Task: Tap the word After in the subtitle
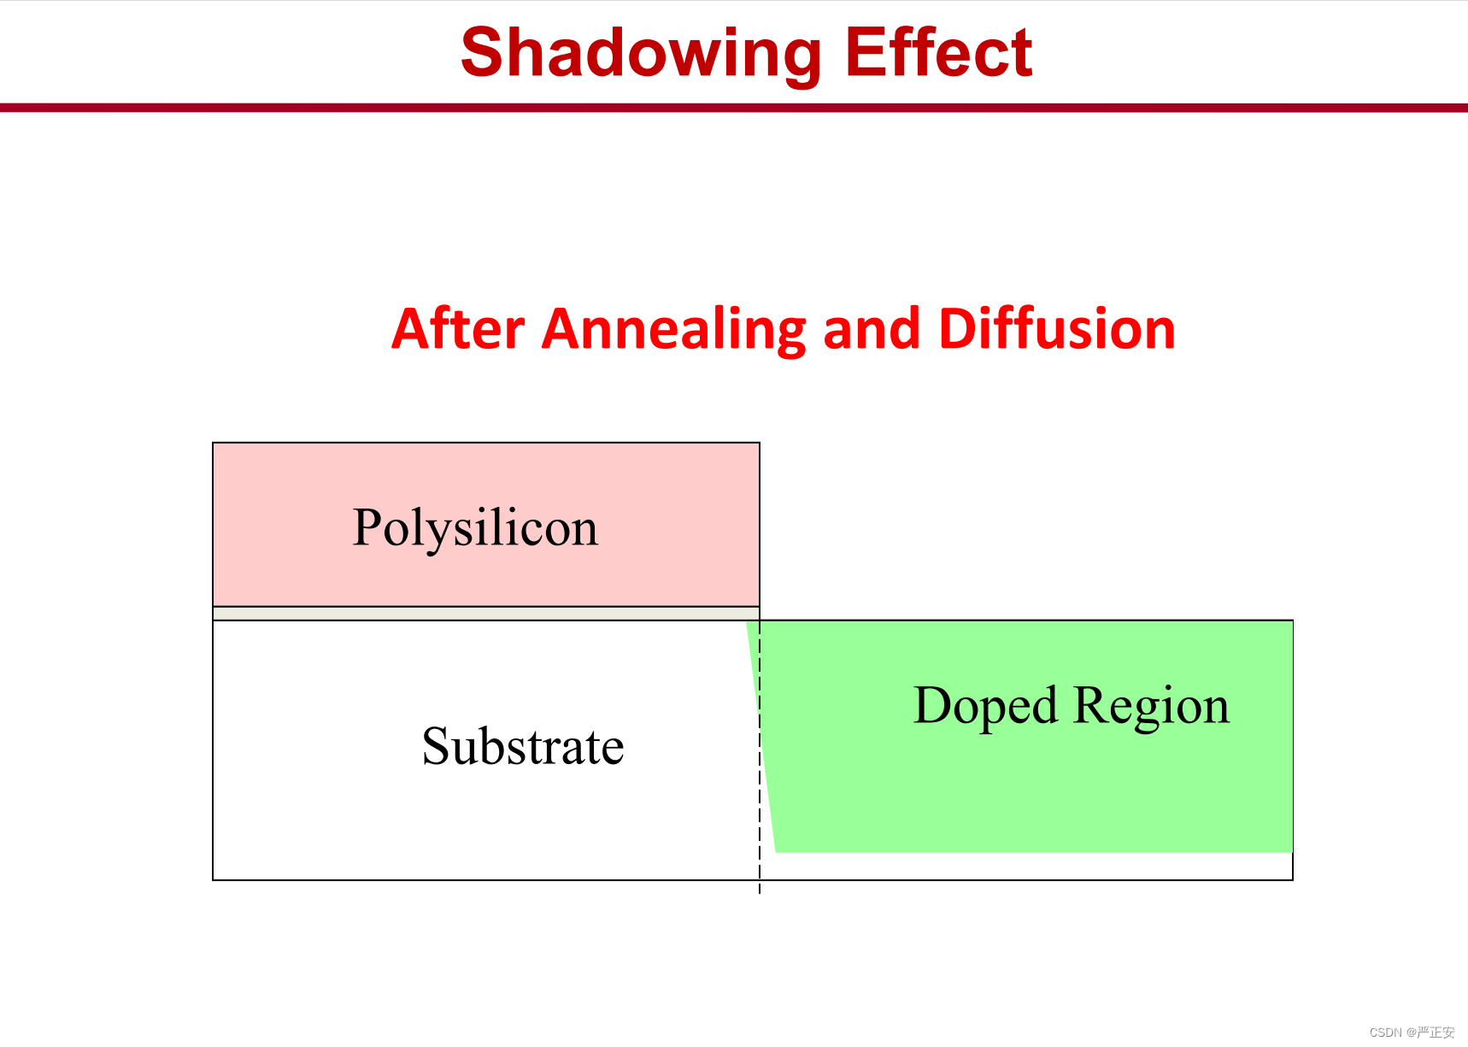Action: pos(458,329)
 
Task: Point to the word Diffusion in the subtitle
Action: pos(1057,329)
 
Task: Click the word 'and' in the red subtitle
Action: pos(872,329)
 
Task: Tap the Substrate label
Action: pos(523,746)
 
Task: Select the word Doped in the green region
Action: pos(986,707)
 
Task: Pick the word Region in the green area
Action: pos(1151,707)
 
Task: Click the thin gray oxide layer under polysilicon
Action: pos(486,614)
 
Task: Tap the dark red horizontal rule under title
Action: pos(734,108)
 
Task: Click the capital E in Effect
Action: pos(866,52)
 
